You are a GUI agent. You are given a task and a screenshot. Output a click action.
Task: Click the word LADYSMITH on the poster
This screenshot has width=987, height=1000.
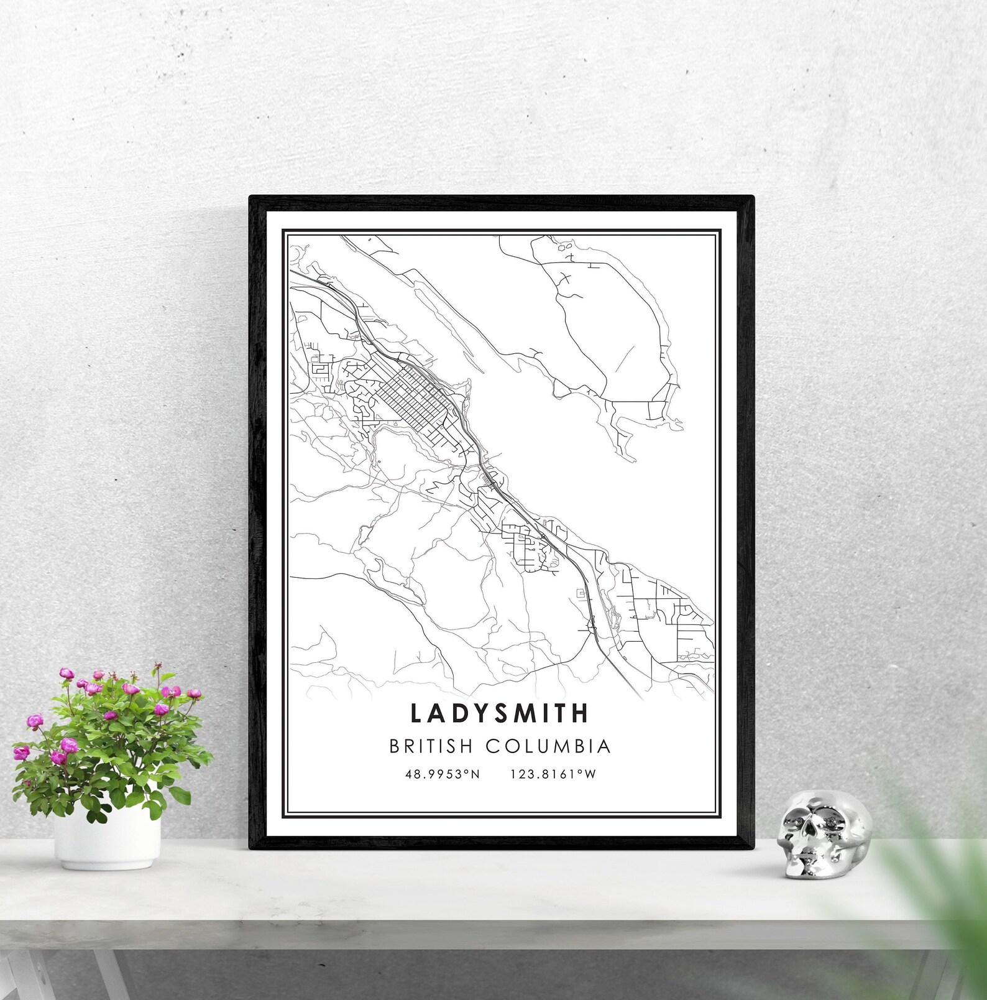(499, 713)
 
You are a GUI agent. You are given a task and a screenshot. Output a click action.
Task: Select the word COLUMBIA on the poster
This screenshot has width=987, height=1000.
(548, 746)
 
